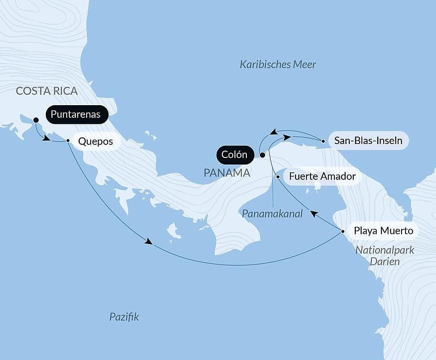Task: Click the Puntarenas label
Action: click(x=75, y=115)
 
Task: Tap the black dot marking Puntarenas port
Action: click(x=36, y=120)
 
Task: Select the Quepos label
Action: click(x=95, y=141)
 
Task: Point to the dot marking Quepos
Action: click(x=68, y=141)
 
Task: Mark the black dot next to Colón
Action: click(x=262, y=155)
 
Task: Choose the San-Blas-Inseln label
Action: click(x=368, y=141)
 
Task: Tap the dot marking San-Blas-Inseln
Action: click(x=323, y=141)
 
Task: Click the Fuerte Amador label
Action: click(x=320, y=177)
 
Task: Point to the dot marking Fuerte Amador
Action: click(x=278, y=177)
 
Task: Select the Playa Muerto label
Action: click(x=384, y=230)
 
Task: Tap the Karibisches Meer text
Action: click(x=278, y=65)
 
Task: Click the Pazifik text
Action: click(x=124, y=317)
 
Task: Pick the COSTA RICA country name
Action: click(x=47, y=91)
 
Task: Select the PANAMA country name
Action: click(x=227, y=173)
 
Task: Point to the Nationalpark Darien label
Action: click(x=385, y=256)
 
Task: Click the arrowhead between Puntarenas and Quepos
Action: click(x=45, y=138)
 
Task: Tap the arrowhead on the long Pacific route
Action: click(x=149, y=242)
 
